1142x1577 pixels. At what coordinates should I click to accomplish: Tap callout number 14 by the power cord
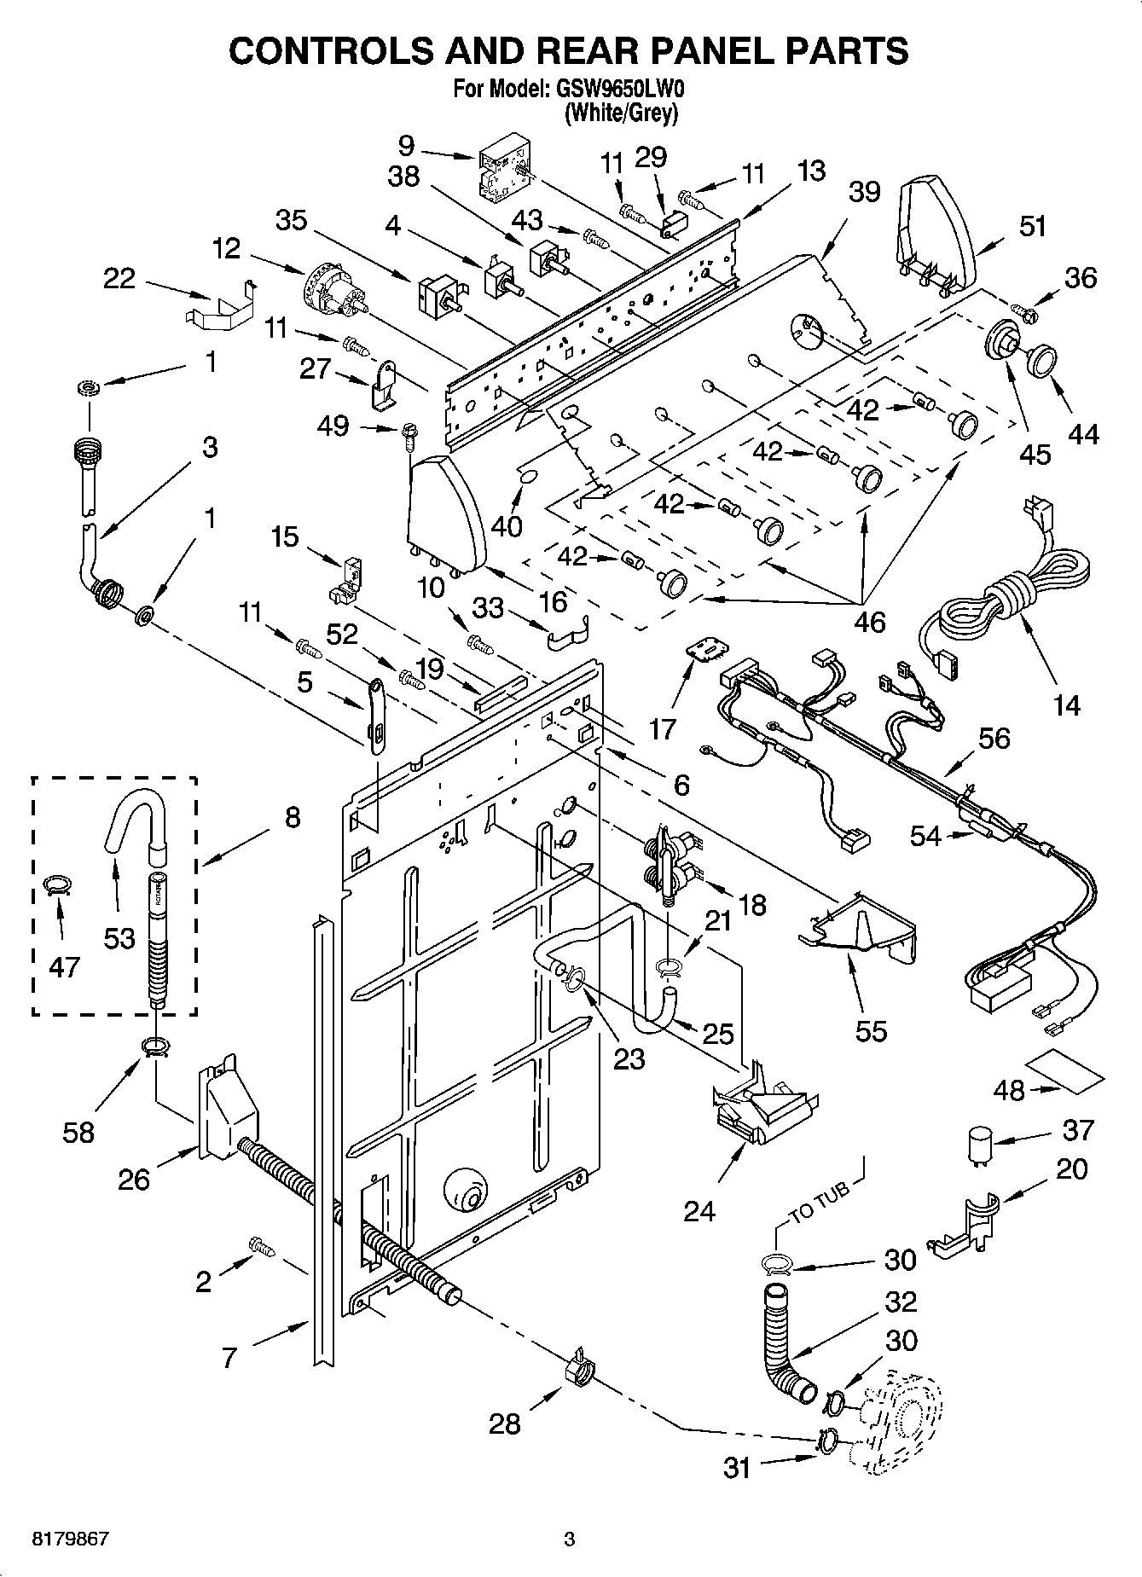[1066, 704]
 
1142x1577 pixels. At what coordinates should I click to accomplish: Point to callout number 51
[1032, 227]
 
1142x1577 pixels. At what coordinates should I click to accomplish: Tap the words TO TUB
[820, 1203]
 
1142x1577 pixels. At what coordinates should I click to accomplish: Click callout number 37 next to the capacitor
[1078, 1130]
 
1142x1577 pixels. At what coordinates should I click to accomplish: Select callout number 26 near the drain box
[135, 1180]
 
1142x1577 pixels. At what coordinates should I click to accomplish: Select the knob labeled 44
[1041, 361]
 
